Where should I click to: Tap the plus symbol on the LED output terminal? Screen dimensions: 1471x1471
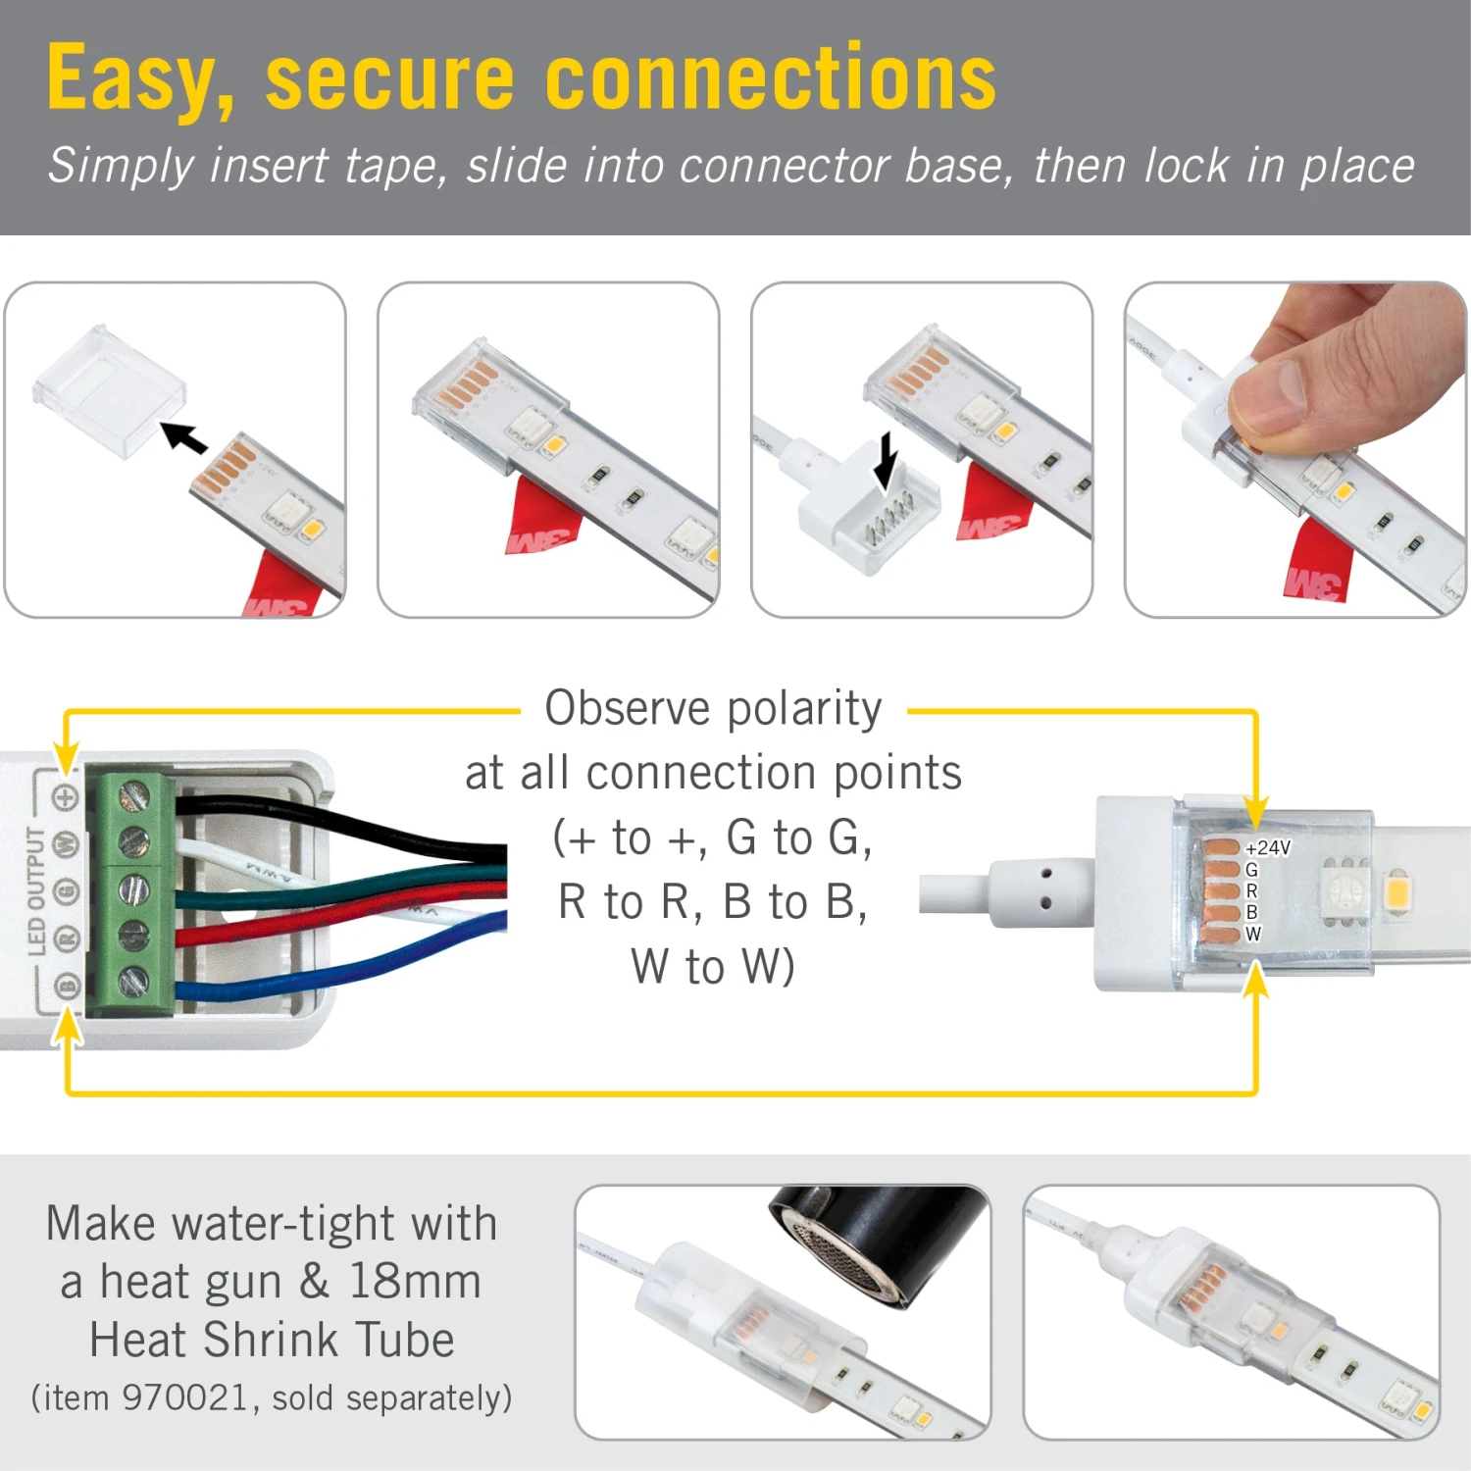pyautogui.click(x=66, y=797)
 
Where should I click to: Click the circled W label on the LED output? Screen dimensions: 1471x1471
pyautogui.click(x=66, y=842)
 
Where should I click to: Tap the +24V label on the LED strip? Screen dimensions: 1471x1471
pyautogui.click(x=1268, y=847)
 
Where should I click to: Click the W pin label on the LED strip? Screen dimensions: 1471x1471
pyautogui.click(x=1252, y=934)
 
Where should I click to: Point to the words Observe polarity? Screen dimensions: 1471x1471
pyautogui.click(x=713, y=708)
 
